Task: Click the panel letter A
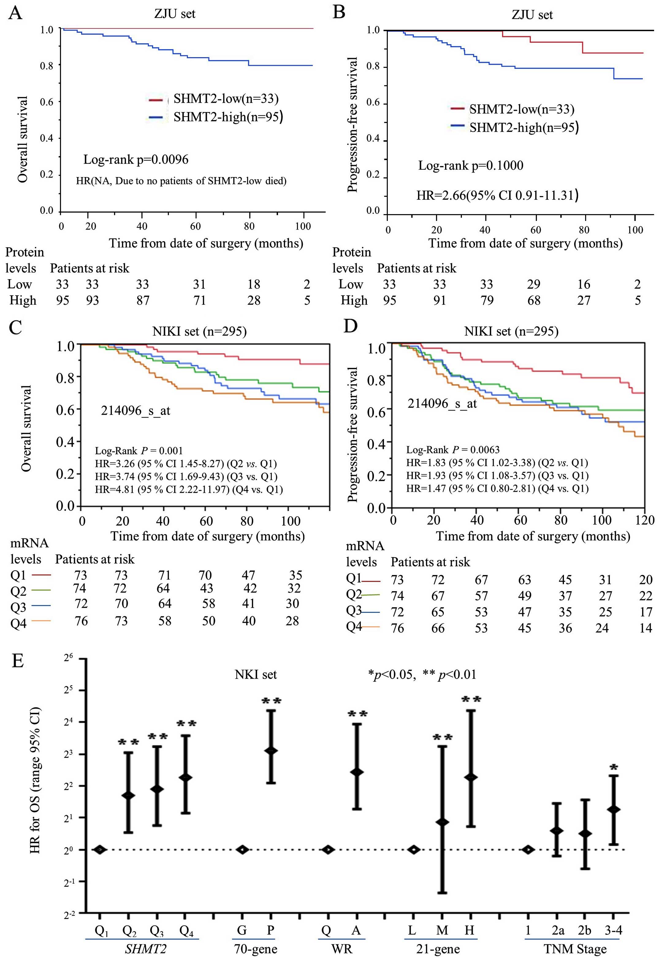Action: [x=15, y=13]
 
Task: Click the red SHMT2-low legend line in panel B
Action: [x=458, y=108]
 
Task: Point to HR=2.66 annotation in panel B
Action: [x=497, y=195]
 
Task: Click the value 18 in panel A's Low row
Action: [x=254, y=284]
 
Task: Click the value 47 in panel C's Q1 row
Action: [x=248, y=575]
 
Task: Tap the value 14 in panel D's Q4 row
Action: [x=646, y=628]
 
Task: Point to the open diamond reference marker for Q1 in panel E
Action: [x=100, y=850]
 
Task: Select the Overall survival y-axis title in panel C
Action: [x=26, y=428]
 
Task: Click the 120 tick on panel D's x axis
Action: [x=645, y=520]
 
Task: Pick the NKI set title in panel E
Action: [x=256, y=674]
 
